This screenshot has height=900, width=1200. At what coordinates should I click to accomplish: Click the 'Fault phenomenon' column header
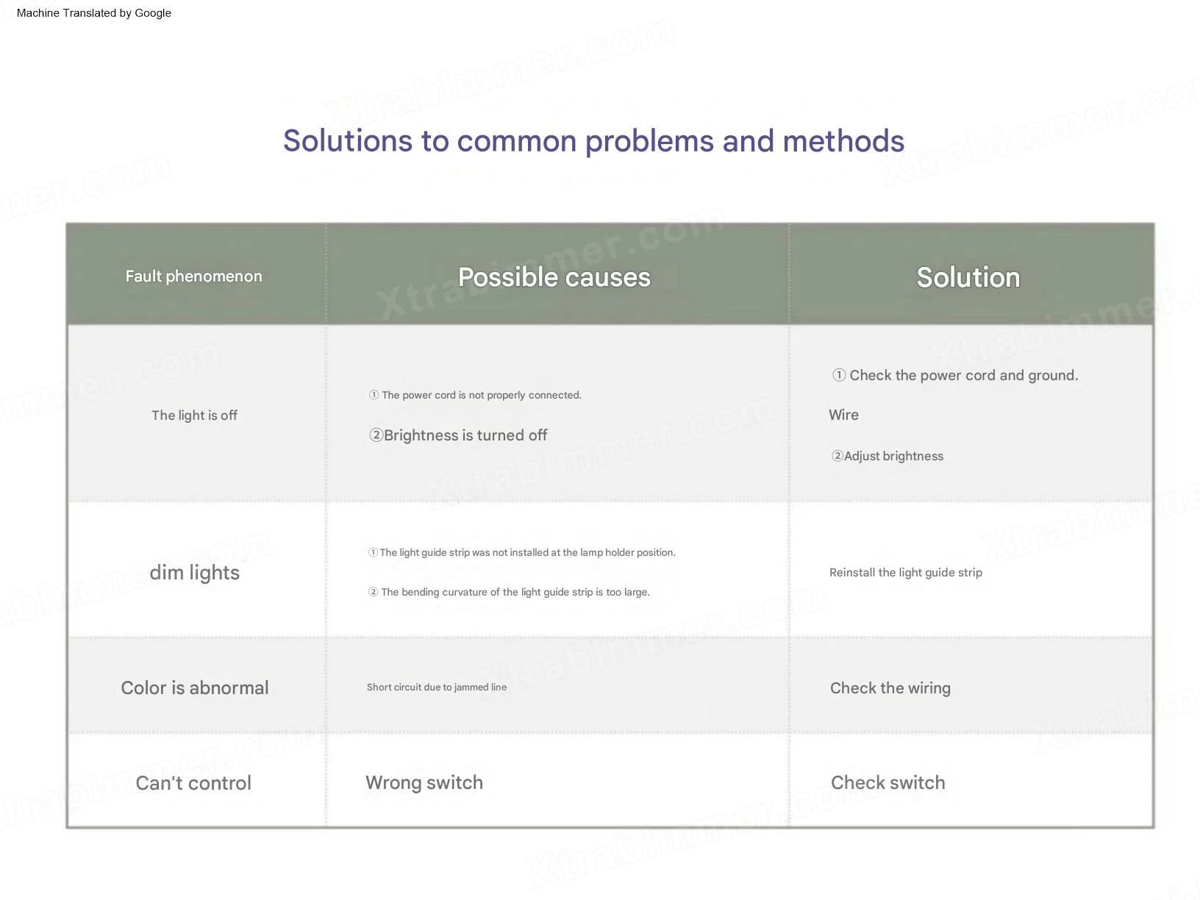(x=193, y=276)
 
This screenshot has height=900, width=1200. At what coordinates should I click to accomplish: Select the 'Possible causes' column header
(x=554, y=277)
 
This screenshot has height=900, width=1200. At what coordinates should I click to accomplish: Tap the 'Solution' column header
(x=968, y=277)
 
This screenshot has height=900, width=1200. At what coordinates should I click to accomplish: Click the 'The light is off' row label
(x=194, y=415)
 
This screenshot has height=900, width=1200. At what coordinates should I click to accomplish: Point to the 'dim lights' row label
(x=194, y=573)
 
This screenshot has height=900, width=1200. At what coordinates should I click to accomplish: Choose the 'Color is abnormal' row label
(x=195, y=687)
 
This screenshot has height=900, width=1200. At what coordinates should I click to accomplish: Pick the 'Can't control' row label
(x=193, y=783)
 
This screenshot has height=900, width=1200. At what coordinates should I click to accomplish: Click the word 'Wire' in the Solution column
(x=843, y=415)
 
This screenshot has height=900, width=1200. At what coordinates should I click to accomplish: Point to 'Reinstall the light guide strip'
(x=906, y=572)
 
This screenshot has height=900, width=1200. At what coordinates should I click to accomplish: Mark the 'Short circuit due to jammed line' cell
(x=436, y=687)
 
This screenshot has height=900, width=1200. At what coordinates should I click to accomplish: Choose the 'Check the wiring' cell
(x=890, y=688)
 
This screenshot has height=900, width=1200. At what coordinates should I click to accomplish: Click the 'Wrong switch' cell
(x=424, y=782)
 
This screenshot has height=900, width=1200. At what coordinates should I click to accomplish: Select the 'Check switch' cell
(x=888, y=782)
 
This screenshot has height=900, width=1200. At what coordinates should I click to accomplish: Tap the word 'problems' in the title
(x=649, y=141)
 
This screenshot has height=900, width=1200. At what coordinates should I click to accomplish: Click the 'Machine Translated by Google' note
(x=93, y=13)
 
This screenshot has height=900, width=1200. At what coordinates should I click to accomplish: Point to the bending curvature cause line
(x=509, y=592)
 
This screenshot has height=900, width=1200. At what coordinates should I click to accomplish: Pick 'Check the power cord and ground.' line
(x=954, y=376)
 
